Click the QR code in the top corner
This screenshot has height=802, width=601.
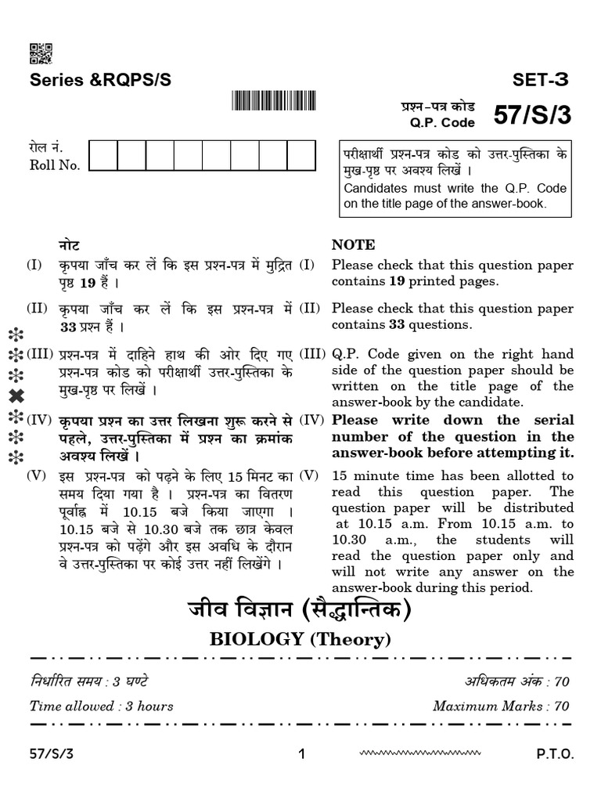click(x=41, y=53)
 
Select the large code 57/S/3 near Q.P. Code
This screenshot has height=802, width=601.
click(x=532, y=115)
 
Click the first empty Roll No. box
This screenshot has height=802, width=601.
click(x=103, y=155)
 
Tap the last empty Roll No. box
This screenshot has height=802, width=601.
click(x=301, y=155)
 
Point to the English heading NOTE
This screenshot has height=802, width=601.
click(x=353, y=244)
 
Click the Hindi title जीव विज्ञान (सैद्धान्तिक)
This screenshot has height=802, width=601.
click(x=300, y=609)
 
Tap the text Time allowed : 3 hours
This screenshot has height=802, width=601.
click(x=102, y=706)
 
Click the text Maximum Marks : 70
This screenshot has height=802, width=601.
click(x=501, y=706)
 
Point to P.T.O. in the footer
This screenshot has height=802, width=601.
click(x=555, y=755)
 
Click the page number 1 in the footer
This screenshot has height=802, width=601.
click(x=301, y=755)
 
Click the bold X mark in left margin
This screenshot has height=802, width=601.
click(x=16, y=396)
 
